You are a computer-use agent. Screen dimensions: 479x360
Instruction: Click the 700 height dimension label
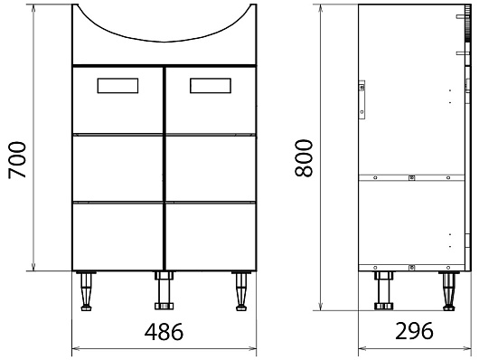click(17, 160)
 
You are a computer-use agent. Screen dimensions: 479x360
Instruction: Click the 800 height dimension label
click(304, 157)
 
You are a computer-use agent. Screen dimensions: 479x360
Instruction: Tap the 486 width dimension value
click(164, 332)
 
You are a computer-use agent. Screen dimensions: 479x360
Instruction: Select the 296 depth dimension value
click(414, 331)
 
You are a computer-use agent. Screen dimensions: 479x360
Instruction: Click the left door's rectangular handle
click(117, 86)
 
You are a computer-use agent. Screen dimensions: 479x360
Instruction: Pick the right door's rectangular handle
click(211, 86)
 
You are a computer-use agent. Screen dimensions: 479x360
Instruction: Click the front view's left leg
click(86, 290)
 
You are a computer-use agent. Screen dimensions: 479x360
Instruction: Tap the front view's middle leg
click(164, 290)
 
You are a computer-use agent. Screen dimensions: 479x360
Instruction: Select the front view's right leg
click(241, 290)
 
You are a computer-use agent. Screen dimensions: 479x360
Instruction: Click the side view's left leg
click(384, 290)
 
